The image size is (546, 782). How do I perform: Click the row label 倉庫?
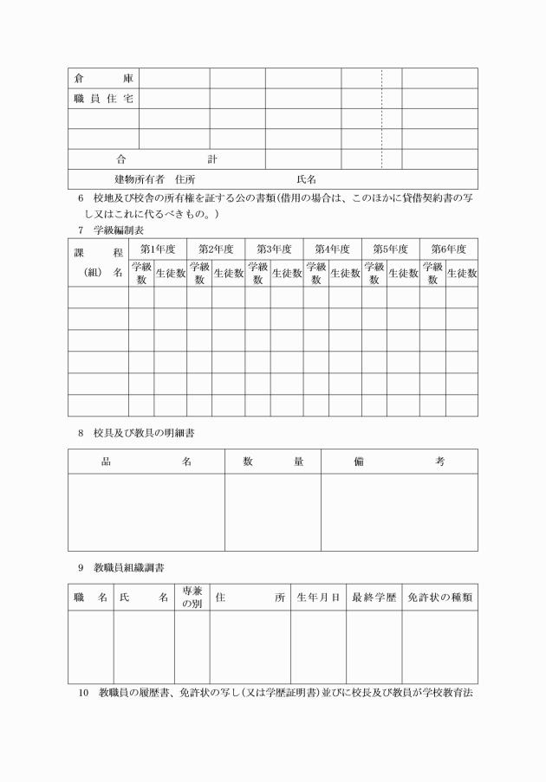coord(102,78)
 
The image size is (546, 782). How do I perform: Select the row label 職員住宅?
coord(102,99)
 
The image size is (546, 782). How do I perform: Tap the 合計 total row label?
coord(166,159)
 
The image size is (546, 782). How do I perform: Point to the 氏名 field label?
coord(307,179)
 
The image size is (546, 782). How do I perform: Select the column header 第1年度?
coord(158,249)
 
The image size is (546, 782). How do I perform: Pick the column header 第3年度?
coord(274,249)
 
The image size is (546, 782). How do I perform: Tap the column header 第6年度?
coord(448,249)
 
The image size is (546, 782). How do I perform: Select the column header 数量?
coord(273,462)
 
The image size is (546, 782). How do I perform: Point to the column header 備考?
coord(400,462)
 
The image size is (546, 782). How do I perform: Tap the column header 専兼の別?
coord(192,598)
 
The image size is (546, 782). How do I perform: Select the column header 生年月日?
coord(318,598)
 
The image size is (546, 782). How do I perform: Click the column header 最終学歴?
coord(374,598)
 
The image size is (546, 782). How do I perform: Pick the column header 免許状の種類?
coord(439,598)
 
